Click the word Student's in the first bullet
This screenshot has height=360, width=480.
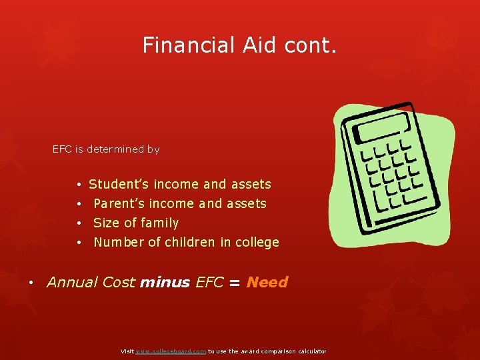(119, 184)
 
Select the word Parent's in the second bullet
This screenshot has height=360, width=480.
(119, 203)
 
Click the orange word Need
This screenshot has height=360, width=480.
(267, 282)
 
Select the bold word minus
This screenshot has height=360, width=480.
(165, 282)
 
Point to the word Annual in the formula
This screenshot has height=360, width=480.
(72, 282)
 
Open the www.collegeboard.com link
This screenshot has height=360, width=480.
(171, 351)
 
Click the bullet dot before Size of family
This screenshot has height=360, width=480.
(79, 223)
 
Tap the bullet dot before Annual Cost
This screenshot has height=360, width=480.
(32, 283)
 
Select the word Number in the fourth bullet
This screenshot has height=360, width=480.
(118, 242)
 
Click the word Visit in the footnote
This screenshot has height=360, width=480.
(127, 351)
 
